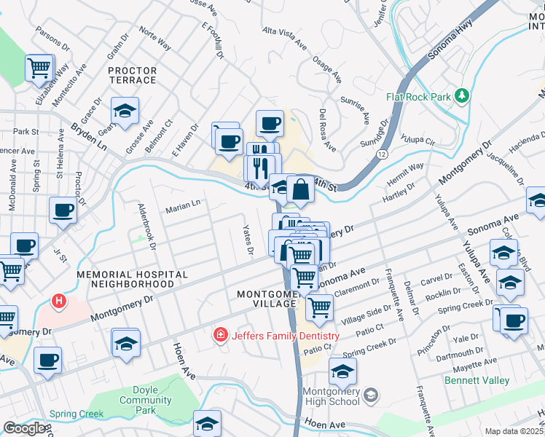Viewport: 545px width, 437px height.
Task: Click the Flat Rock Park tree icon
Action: (x=460, y=96)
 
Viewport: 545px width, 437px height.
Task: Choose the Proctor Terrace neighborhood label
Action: (x=132, y=75)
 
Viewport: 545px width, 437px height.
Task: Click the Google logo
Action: (x=24, y=428)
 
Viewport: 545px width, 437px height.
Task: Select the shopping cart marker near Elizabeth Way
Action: (x=39, y=68)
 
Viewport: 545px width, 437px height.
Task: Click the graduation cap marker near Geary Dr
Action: (x=125, y=111)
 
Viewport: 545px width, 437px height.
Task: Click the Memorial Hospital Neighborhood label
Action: (x=133, y=280)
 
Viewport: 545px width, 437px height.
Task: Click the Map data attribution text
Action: (x=514, y=431)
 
